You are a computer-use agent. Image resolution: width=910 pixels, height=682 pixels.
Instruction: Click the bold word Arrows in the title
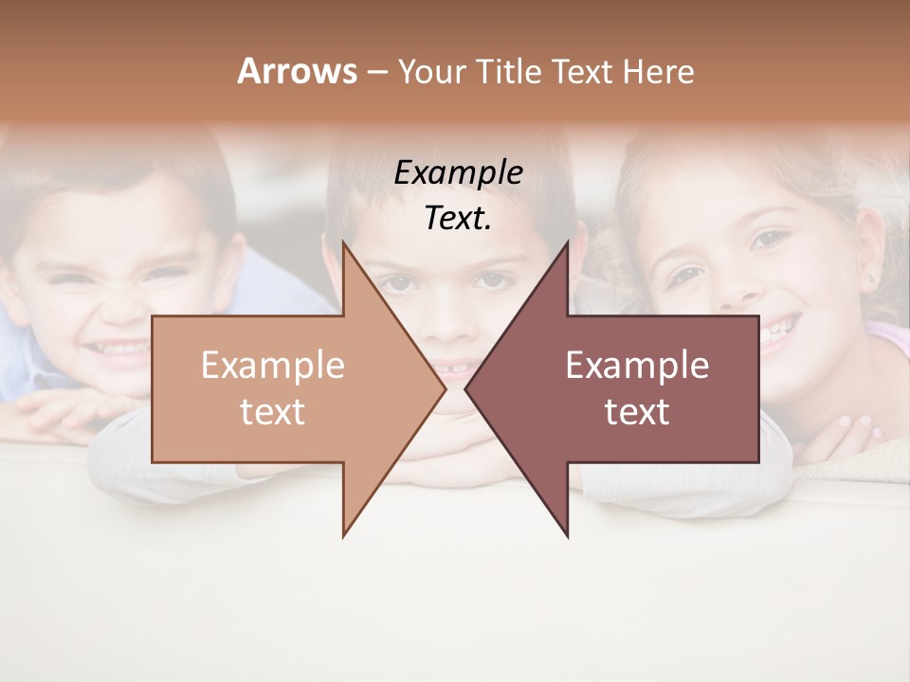click(x=297, y=71)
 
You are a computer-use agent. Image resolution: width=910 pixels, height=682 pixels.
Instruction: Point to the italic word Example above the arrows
click(x=458, y=173)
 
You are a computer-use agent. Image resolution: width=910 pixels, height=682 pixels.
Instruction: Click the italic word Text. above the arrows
click(x=458, y=218)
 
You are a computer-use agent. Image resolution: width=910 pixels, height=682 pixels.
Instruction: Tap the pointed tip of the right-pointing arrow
click(x=444, y=388)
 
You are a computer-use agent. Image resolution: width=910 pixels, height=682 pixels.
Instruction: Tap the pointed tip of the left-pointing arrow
click(x=466, y=388)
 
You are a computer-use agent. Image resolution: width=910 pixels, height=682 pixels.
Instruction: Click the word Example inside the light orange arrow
click(x=272, y=366)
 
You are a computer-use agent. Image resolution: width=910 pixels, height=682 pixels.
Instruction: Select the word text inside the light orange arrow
click(x=272, y=412)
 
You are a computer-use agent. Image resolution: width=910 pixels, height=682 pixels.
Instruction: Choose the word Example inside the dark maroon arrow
click(x=637, y=366)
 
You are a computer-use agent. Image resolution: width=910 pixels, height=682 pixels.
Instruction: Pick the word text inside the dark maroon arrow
click(x=637, y=412)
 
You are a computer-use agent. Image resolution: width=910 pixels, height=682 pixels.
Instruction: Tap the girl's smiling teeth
click(x=775, y=332)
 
